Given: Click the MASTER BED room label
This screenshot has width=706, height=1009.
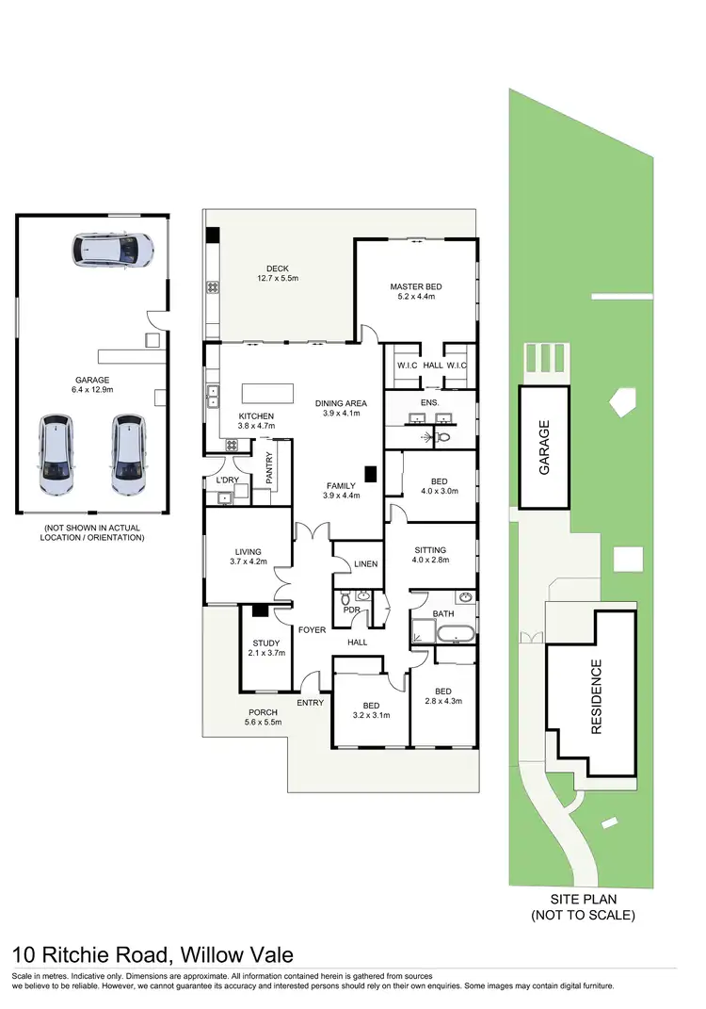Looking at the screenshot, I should coord(415,292).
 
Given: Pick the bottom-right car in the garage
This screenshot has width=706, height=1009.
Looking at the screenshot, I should coord(127,454).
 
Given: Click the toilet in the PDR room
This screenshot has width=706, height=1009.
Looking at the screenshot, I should coord(345,597).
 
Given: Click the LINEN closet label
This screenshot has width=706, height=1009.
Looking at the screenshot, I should coord(365,564).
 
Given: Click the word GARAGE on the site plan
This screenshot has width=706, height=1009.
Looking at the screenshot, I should coord(544,448).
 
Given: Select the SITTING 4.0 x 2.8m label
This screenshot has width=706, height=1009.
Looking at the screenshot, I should coord(429,554).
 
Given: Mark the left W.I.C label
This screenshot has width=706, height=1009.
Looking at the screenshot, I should coord(406,366).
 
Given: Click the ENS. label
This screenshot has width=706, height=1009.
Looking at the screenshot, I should coord(430,399).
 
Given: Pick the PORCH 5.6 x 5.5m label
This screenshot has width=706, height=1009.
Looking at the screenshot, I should coord(263,717).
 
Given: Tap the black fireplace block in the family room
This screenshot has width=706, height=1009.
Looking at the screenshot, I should coord(371,476).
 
